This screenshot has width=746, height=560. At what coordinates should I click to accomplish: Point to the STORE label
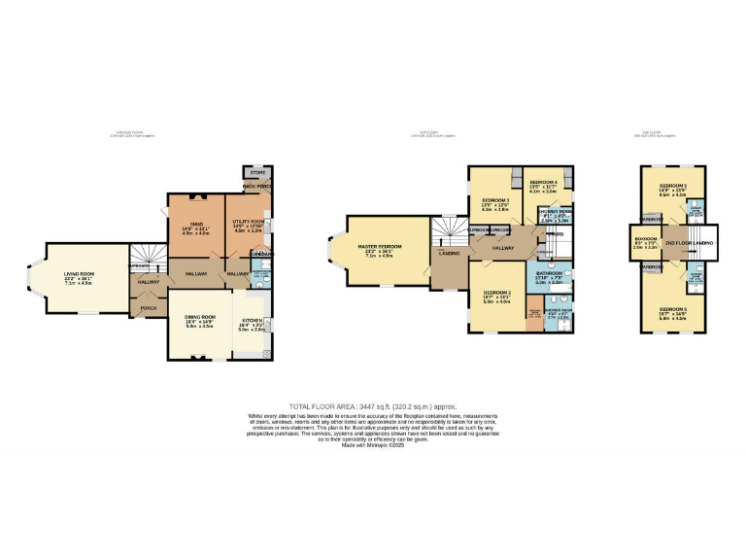point(257,172)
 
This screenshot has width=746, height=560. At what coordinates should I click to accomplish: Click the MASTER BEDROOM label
point(380,247)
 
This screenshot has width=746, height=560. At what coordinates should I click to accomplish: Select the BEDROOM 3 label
point(495,200)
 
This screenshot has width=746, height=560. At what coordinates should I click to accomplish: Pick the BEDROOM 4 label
point(544,183)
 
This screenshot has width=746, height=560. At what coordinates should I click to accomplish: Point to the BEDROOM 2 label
point(496,293)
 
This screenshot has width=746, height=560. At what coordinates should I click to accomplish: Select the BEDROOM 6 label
point(672,309)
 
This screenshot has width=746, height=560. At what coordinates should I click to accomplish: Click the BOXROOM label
point(645,238)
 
